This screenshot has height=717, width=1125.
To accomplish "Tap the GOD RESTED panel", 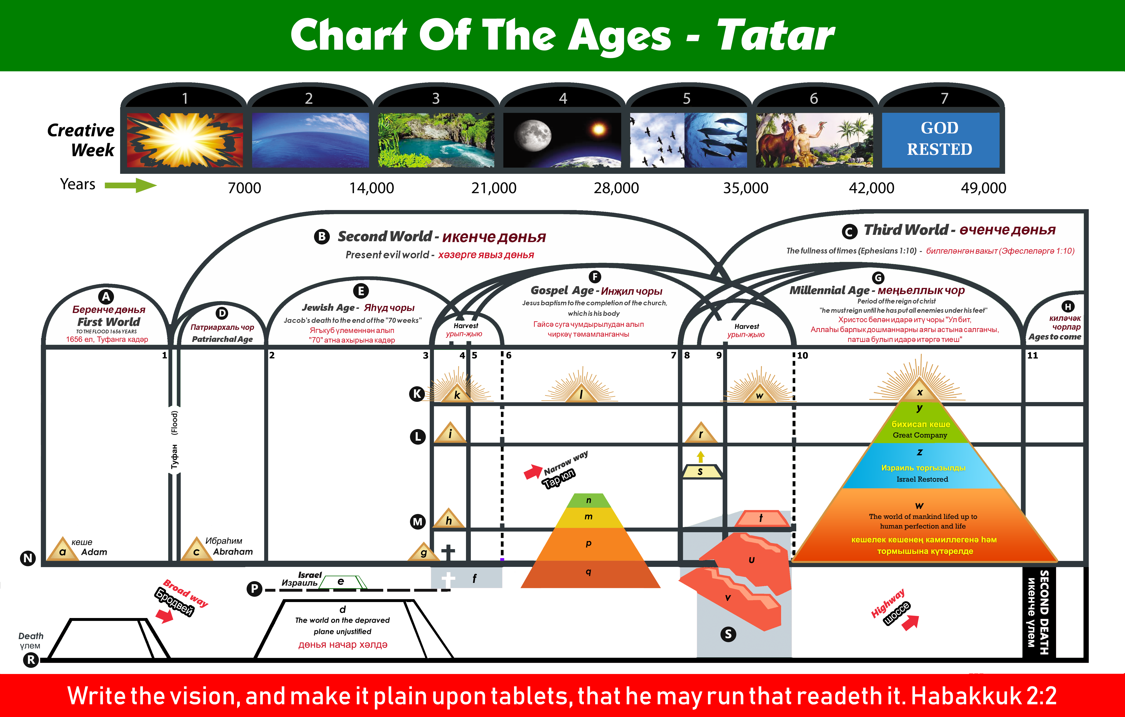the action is point(940,140).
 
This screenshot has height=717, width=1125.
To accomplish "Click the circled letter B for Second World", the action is point(321,237).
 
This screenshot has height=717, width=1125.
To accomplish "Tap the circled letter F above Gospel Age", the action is point(595,276).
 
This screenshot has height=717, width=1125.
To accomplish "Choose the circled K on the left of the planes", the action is point(417,394).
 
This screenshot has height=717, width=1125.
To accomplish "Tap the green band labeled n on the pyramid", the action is point(589,500).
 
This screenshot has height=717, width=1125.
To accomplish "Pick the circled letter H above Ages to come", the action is point(1068,306).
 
